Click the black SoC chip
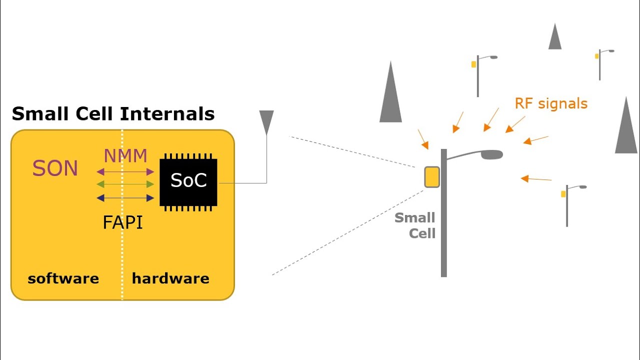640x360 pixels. [x=188, y=181]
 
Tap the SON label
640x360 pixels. [x=55, y=169]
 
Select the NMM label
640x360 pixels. [x=125, y=156]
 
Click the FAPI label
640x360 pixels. [x=123, y=222]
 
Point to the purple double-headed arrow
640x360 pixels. [x=125, y=171]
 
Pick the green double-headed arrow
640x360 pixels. [x=125, y=184]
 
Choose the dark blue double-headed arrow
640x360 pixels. [x=125, y=198]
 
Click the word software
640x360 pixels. [x=63, y=278]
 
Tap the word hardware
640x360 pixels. [x=170, y=278]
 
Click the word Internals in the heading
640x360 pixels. [x=167, y=114]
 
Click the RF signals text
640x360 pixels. [x=551, y=103]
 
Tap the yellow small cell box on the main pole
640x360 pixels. [x=432, y=177]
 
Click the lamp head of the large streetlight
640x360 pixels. [x=491, y=154]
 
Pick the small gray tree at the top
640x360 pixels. [x=555, y=38]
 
